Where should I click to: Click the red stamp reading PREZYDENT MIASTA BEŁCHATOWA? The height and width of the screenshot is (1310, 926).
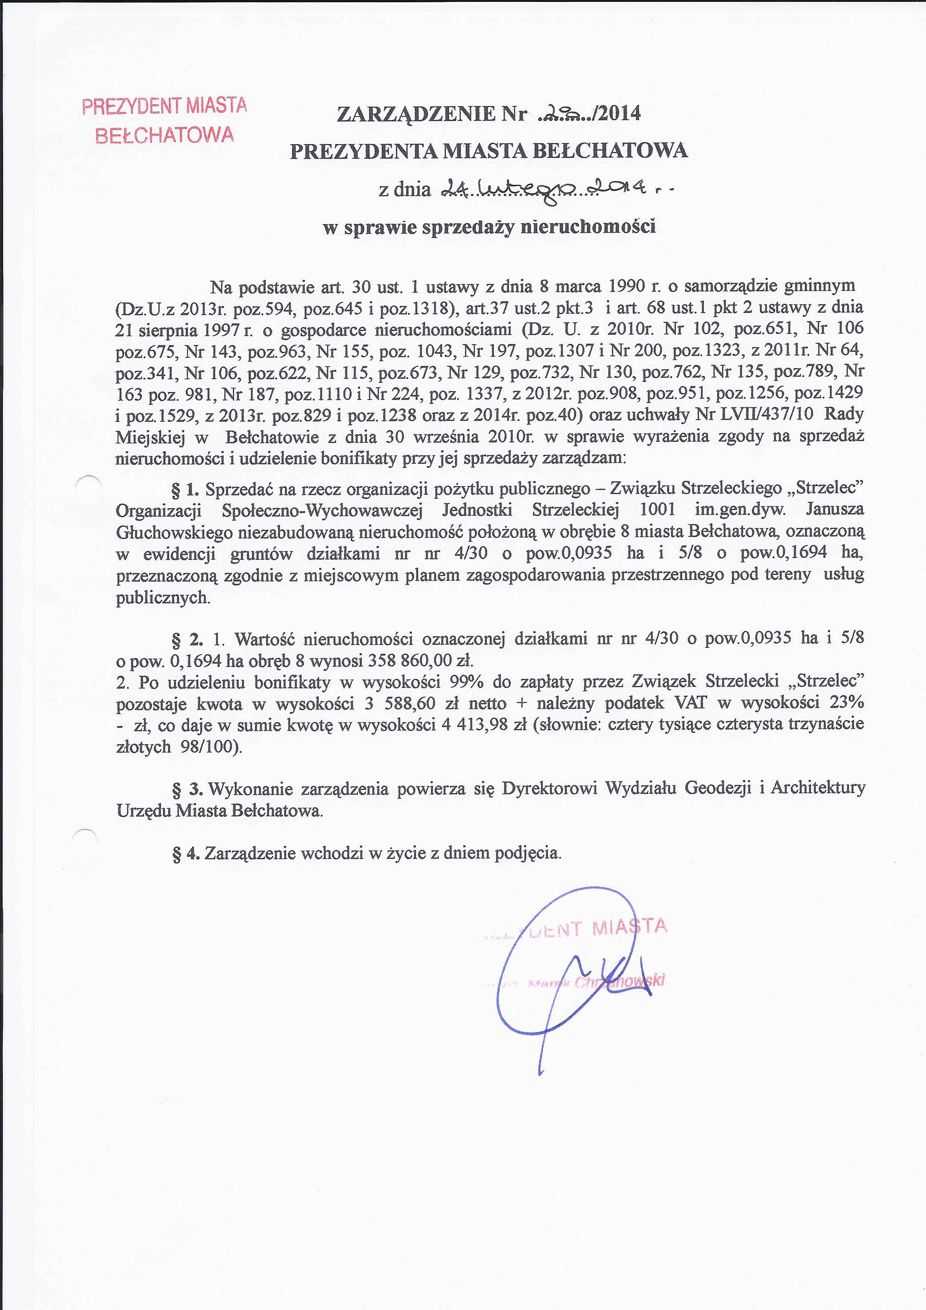point(164,121)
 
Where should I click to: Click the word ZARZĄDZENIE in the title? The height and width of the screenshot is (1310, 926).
point(416,115)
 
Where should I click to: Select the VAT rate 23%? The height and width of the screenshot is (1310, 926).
point(847,703)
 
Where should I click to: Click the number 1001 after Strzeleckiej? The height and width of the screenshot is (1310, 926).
point(657,509)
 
